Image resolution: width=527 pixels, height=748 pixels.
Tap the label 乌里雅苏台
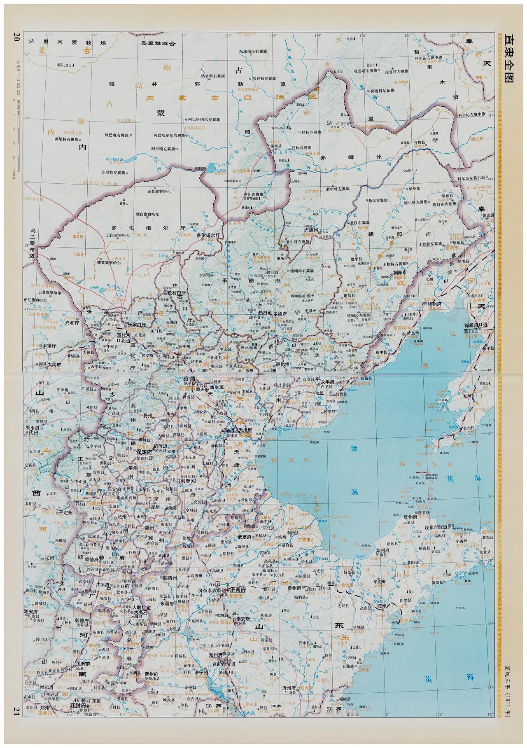tap(158, 43)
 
